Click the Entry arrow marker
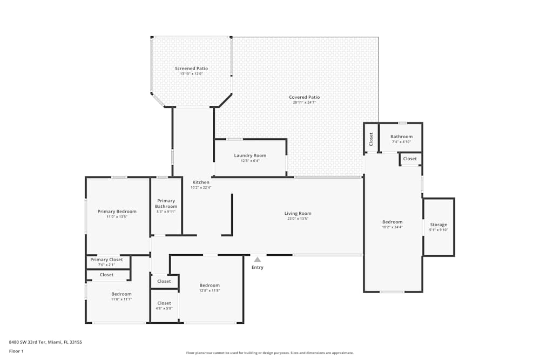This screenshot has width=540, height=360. click(x=258, y=260)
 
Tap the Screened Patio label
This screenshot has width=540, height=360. click(x=191, y=69)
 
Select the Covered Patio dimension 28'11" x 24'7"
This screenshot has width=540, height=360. click(x=304, y=102)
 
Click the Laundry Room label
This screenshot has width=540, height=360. click(x=250, y=155)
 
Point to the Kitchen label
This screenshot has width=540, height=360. click(x=201, y=182)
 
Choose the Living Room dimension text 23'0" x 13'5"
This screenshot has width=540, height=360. click(x=298, y=219)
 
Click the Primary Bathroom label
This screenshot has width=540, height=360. click(x=166, y=203)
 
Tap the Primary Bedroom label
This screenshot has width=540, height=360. click(x=117, y=211)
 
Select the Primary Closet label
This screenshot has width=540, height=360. click(x=106, y=260)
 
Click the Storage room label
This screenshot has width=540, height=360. click(x=438, y=225)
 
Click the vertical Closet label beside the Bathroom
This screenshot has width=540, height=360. click(x=371, y=139)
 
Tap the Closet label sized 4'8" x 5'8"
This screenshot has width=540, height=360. click(x=164, y=303)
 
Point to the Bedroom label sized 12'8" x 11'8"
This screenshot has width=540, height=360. click(x=210, y=286)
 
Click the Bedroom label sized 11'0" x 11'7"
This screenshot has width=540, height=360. click(x=122, y=294)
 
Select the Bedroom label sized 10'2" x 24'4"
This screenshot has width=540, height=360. click(x=392, y=222)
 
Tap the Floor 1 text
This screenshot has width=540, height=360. click(x=16, y=351)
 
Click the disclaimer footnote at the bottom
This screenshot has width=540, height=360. click(x=270, y=353)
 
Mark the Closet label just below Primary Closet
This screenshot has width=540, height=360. click(x=107, y=275)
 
